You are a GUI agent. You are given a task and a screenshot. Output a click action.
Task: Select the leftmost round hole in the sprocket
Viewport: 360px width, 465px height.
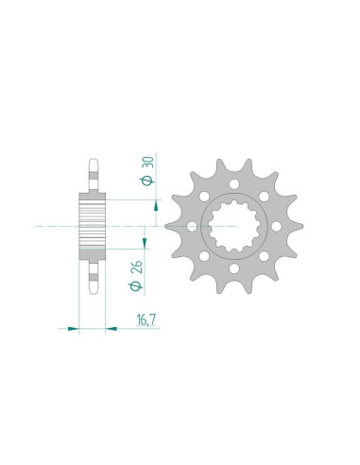point(191,227)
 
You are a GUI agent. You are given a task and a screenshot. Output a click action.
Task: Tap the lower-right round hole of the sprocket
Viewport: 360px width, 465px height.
point(262,258)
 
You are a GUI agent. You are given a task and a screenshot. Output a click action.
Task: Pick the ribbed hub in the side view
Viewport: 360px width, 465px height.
point(92,227)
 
